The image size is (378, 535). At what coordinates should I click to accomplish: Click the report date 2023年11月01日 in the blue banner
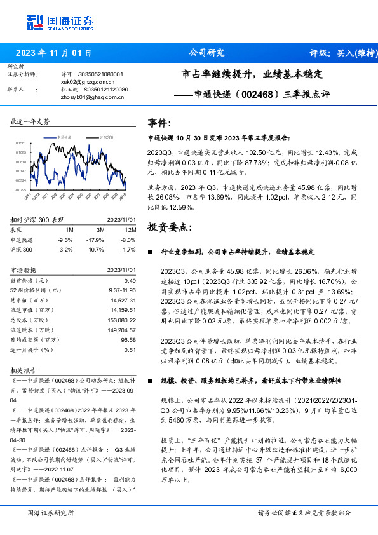[x=53, y=53]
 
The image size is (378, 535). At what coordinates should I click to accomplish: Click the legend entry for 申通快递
[x=66, y=137]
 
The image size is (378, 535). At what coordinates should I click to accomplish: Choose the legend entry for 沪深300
[x=105, y=137]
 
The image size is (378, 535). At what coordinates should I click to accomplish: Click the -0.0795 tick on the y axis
[x=20, y=189]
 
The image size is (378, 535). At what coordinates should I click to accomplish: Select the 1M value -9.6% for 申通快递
[x=66, y=240]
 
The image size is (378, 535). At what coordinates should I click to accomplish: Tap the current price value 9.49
[x=130, y=280]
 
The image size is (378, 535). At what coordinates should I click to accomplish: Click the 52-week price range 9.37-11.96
[x=122, y=290]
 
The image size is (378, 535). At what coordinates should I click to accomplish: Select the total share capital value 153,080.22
[x=123, y=320]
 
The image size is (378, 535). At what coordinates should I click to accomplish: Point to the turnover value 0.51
[x=130, y=349]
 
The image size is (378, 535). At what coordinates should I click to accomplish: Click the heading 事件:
[x=159, y=123]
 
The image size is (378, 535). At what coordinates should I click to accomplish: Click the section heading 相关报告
[x=24, y=369]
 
